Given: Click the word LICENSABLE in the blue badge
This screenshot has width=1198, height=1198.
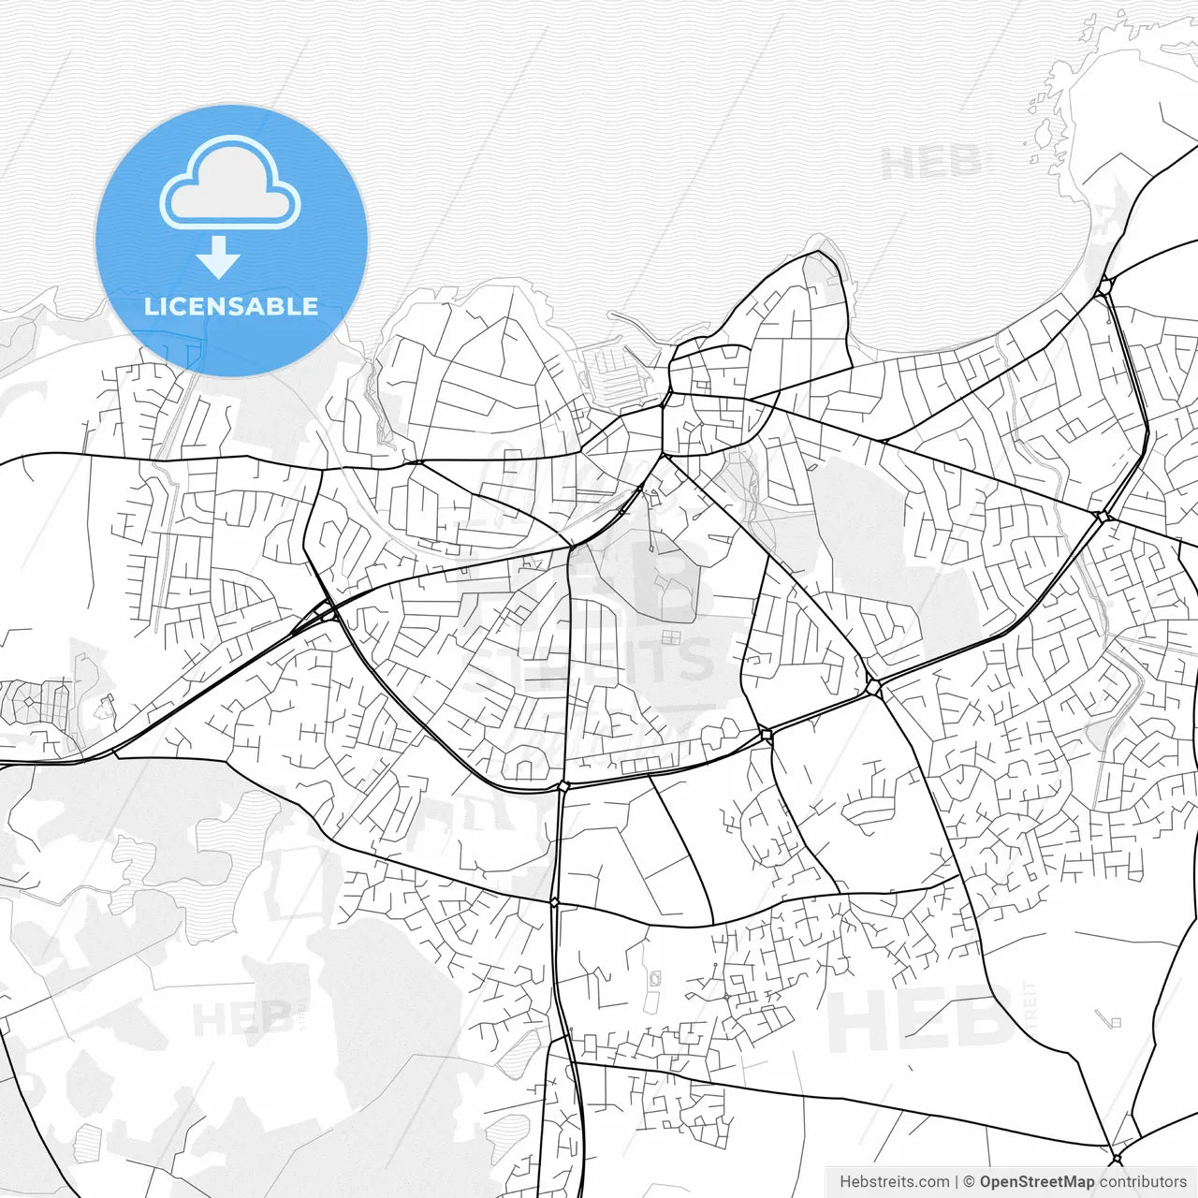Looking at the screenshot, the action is (x=231, y=306).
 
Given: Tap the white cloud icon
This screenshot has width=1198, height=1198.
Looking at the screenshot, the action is (x=230, y=183).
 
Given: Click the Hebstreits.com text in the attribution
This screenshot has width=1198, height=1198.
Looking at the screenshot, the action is (x=894, y=1182).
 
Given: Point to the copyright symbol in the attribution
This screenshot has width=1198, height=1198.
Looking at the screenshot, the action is (x=970, y=1182).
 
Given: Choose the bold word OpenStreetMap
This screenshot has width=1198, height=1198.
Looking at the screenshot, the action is (x=1037, y=1182).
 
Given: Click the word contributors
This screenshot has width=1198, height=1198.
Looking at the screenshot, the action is (x=1143, y=1182).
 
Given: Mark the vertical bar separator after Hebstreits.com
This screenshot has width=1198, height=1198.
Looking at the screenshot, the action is (x=957, y=1182).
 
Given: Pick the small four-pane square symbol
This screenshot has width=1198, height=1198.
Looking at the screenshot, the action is (x=670, y=638).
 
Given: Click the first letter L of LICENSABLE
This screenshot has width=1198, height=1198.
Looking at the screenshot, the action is (x=150, y=306).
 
